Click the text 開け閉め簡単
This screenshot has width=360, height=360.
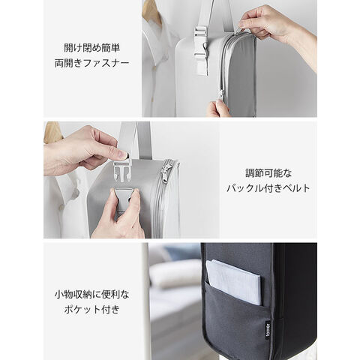click(x=92, y=48)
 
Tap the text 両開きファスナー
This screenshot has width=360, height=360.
click(x=92, y=63)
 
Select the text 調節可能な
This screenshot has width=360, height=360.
click(x=268, y=173)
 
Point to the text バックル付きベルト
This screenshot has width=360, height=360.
click(x=268, y=188)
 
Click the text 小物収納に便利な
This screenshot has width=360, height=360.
click(x=92, y=295)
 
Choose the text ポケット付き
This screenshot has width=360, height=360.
click(x=92, y=310)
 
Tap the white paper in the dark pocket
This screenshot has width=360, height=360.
click(x=234, y=281)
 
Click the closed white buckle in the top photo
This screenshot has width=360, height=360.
click(x=201, y=51)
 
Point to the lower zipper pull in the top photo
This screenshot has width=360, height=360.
click(x=221, y=94)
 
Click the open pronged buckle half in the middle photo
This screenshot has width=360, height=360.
click(x=122, y=169)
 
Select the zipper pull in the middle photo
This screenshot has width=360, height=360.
click(x=165, y=172)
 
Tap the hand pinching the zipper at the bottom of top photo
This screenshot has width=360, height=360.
click(x=218, y=109)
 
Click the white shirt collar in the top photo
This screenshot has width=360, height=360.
click(x=155, y=54)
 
